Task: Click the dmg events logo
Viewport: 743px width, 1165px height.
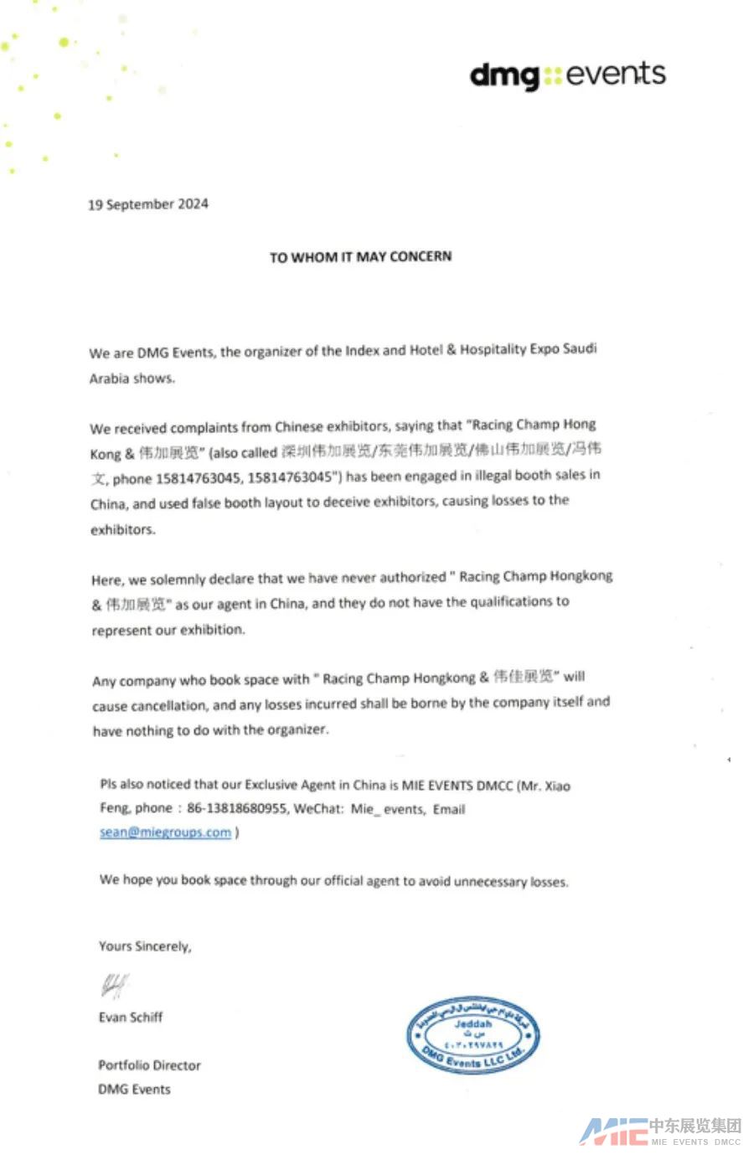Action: [567, 75]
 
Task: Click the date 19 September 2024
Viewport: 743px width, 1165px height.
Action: [148, 204]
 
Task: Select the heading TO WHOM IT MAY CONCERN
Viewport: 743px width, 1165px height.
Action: [360, 256]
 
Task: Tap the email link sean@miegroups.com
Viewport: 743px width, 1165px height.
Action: [165, 833]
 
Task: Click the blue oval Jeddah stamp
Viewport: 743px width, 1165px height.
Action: [472, 1036]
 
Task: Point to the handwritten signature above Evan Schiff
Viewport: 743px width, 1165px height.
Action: [115, 986]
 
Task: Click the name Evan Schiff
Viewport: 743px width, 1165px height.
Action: [131, 1018]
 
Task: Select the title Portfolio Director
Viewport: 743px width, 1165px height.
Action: [149, 1065]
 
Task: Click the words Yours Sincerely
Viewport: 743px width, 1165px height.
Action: [145, 946]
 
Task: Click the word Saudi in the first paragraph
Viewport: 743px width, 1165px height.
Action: [580, 348]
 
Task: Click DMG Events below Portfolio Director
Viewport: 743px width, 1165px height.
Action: [134, 1090]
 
